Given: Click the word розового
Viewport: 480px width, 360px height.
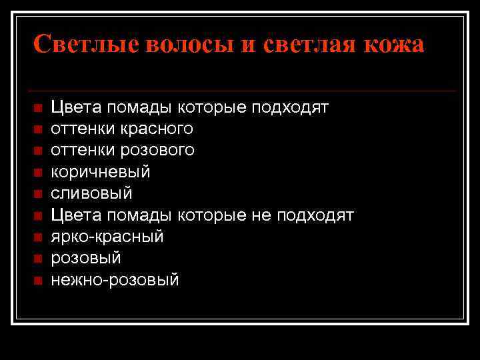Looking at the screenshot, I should tap(158, 150).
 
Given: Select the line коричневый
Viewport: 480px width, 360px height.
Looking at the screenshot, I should tap(101, 172).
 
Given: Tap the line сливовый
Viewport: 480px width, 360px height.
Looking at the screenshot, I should tap(92, 193).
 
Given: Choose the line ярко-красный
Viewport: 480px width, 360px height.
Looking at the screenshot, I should tap(107, 237).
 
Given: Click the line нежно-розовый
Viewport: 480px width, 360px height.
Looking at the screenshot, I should tap(115, 280).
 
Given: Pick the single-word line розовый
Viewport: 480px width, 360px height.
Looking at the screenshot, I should tap(86, 258).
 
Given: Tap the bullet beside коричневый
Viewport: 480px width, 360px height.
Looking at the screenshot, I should tap(37, 172).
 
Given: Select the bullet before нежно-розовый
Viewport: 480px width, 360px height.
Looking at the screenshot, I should tap(37, 280).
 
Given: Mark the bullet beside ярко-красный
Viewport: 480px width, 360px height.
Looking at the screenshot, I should tap(37, 237).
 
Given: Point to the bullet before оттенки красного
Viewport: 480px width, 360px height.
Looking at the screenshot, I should tap(37, 129).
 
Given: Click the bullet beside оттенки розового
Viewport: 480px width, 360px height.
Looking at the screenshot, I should tap(37, 150).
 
